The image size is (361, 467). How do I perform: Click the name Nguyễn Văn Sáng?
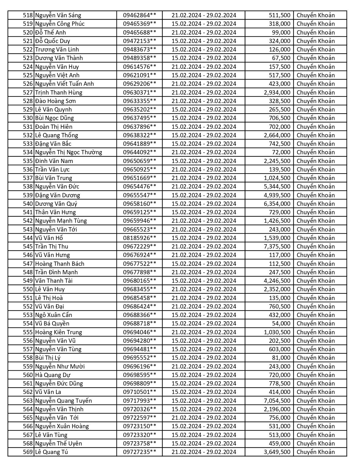click(58, 15)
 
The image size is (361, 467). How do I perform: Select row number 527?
click(28, 93)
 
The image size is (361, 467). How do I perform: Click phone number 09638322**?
click(139, 135)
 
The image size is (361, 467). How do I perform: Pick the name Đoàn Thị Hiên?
click(54, 127)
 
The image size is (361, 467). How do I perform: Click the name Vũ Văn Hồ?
click(49, 238)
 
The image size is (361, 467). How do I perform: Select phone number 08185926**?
click(139, 238)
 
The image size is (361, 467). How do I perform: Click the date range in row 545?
click(204, 247)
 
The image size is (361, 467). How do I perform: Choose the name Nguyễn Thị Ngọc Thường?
click(69, 152)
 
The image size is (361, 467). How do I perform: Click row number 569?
click(28, 452)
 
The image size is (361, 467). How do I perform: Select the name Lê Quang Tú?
click(51, 452)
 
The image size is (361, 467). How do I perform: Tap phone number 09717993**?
click(139, 401)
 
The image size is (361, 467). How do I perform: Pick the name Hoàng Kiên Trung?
click(59, 332)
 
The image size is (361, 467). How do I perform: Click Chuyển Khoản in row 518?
click(316, 15)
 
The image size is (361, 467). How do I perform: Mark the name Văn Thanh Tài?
click(54, 281)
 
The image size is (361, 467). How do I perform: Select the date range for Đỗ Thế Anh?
click(204, 33)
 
